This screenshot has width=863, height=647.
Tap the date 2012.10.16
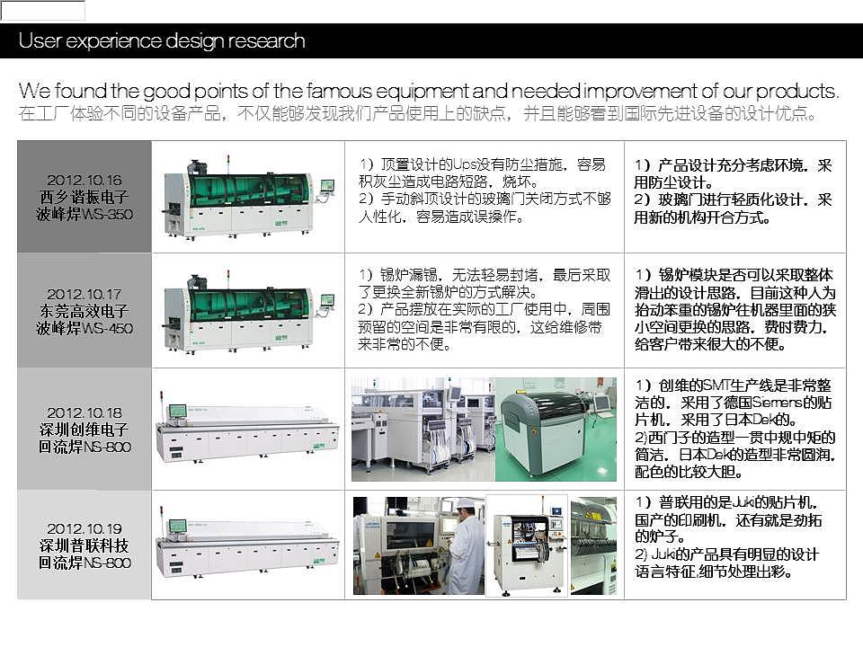pos(85,180)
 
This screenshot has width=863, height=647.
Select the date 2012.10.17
pos(85,295)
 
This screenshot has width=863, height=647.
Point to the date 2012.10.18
pos(85,412)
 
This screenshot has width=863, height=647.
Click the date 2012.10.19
pos(85,528)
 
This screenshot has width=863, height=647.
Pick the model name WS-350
pos(109,214)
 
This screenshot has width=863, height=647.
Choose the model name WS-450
pos(109,329)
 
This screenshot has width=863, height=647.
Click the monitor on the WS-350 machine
pos(326,185)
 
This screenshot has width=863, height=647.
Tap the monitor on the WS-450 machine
pos(326,300)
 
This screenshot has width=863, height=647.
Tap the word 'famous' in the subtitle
pos(340,91)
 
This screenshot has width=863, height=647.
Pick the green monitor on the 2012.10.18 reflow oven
pos(177,411)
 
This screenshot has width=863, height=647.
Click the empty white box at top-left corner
pos(43,11)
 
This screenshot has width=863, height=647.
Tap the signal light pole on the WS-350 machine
pos(228,163)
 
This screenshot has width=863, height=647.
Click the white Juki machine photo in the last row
pos(527,545)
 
